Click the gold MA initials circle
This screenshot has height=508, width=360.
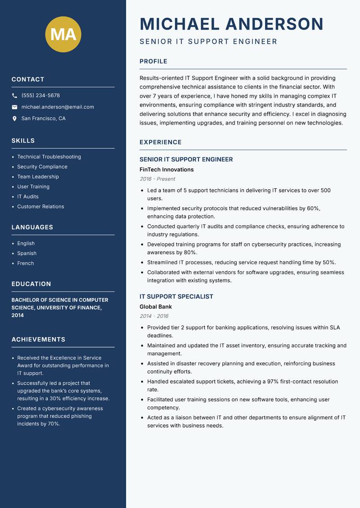(63, 34)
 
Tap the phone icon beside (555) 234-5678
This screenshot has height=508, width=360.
(14, 96)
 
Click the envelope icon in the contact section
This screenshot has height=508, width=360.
(14, 107)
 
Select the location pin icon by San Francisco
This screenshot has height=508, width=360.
(14, 119)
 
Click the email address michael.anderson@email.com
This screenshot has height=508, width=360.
(58, 107)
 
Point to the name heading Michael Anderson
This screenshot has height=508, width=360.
(231, 24)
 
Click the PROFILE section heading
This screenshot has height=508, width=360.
(153, 62)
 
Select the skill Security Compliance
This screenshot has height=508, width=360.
(42, 167)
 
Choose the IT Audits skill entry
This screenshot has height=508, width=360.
(28, 196)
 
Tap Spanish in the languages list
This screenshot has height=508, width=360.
(27, 254)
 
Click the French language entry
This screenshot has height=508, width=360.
(26, 263)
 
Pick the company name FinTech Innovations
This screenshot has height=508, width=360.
(166, 169)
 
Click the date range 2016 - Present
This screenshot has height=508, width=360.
(157, 179)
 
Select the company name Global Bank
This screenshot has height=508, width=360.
(156, 307)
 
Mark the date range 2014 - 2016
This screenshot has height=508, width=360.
(154, 316)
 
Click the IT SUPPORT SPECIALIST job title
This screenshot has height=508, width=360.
(176, 297)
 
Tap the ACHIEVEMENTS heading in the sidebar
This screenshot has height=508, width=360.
(38, 339)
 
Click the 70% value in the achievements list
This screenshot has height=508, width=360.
(53, 424)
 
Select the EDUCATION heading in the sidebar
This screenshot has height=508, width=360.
(31, 284)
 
